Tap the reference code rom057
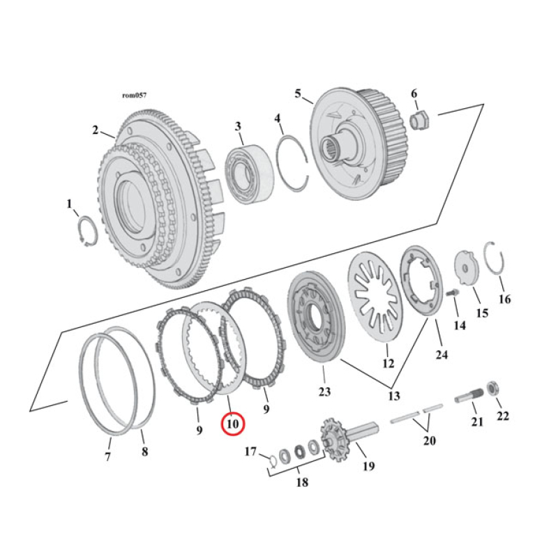(x=133, y=95)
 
